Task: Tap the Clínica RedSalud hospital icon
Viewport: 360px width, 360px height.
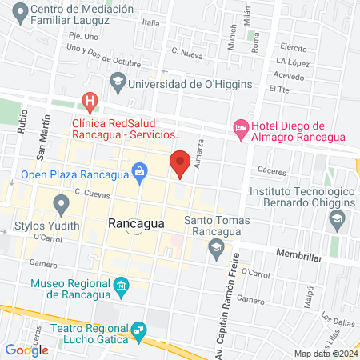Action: pyautogui.click(x=90, y=102)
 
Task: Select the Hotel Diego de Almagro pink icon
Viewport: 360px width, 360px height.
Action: pyautogui.click(x=239, y=127)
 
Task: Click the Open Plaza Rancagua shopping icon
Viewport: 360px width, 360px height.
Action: pyautogui.click(x=140, y=170)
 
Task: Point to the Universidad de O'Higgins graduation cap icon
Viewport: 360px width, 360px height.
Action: pyautogui.click(x=118, y=83)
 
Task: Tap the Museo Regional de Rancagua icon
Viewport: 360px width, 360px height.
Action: pyautogui.click(x=121, y=286)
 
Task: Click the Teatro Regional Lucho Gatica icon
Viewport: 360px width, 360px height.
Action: pyautogui.click(x=138, y=329)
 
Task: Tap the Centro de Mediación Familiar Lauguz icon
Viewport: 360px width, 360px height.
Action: pyautogui.click(x=17, y=12)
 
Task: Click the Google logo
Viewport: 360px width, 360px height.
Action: pyautogui.click(x=26, y=350)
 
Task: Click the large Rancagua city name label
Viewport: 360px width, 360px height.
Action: pyautogui.click(x=135, y=225)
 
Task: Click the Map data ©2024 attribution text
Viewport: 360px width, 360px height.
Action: pyautogui.click(x=324, y=353)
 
